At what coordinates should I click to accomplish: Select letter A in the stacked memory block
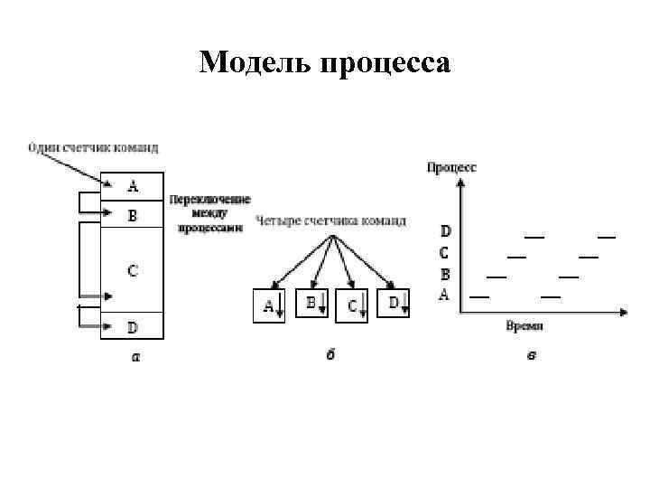(133, 187)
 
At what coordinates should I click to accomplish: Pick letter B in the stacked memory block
(133, 216)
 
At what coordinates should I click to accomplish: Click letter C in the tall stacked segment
(133, 270)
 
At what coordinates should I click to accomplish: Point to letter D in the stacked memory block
(133, 326)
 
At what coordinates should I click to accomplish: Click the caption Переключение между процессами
(209, 214)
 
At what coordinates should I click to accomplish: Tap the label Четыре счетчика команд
(330, 221)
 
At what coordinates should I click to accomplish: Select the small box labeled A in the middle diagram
(269, 305)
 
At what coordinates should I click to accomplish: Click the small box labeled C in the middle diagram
(353, 305)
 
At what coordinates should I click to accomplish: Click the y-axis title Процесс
(451, 167)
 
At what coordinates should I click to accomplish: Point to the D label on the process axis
(445, 231)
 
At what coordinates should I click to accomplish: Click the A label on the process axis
(444, 295)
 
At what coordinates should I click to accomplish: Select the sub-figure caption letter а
(135, 356)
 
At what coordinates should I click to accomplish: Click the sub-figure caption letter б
(331, 354)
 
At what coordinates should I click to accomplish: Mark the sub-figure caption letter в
(532, 355)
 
